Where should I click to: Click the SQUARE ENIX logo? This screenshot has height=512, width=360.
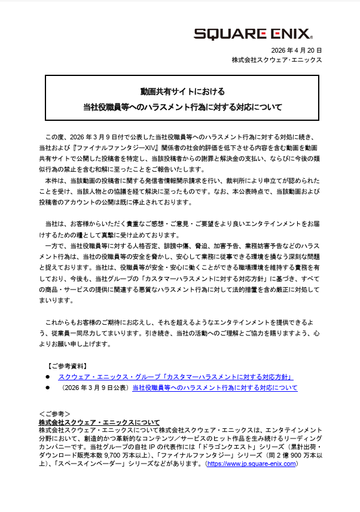point(252,33)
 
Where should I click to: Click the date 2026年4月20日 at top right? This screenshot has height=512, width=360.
point(297,50)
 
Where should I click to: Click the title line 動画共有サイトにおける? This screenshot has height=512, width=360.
point(182,92)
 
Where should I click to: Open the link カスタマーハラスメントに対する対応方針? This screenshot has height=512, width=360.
point(175,377)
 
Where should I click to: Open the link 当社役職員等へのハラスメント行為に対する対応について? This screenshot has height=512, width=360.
point(214,388)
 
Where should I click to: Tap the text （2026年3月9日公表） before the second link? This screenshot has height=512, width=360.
point(94,388)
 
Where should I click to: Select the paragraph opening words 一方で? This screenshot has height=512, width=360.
point(54,246)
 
